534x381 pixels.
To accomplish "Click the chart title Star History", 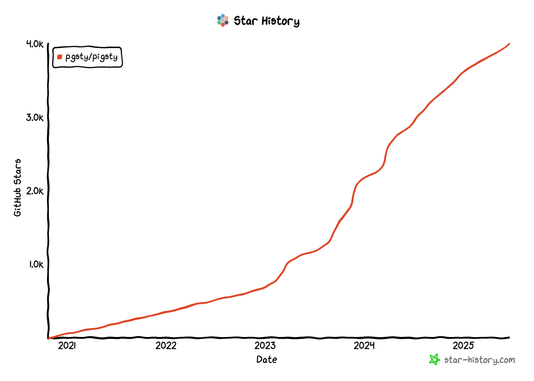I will click(266, 21).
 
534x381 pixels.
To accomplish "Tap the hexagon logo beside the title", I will click(222, 20).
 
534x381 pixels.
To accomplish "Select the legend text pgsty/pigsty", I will click(91, 57).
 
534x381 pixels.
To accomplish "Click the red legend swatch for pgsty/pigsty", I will click(59, 57).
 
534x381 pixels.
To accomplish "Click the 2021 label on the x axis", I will click(67, 345).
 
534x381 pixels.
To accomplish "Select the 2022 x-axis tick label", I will click(166, 345).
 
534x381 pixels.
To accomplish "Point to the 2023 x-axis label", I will click(266, 345).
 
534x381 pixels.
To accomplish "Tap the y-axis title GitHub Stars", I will click(18, 188).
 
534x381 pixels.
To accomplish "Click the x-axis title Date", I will click(267, 360).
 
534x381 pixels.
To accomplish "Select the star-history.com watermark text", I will click(480, 360).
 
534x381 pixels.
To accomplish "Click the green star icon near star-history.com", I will click(434, 360).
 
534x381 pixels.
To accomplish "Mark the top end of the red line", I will click(509, 44).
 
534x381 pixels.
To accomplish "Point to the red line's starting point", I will click(48, 338).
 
